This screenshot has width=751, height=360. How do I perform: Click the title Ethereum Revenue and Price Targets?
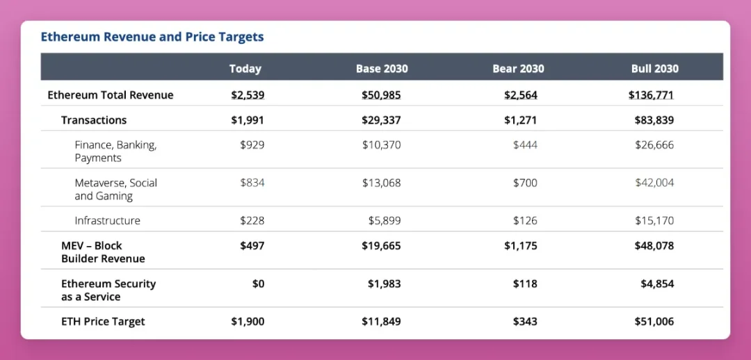(152, 37)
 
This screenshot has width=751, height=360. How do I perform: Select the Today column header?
(245, 68)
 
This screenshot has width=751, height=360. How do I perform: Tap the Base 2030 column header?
(382, 68)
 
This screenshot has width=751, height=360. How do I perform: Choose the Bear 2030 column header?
(518, 68)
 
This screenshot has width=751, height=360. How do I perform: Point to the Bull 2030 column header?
(654, 68)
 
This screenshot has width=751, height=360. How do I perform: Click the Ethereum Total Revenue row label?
(110, 95)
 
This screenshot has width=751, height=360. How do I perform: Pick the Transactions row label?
(94, 120)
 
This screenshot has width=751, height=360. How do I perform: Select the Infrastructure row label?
(107, 220)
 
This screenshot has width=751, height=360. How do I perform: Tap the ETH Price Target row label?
(103, 321)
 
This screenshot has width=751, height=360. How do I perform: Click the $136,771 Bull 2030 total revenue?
(651, 95)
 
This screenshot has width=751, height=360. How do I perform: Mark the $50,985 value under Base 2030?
(381, 95)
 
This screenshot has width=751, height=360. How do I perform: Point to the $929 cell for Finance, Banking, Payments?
(252, 145)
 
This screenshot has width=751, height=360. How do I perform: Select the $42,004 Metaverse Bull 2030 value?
(654, 183)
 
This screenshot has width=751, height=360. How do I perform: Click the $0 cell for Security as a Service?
(257, 284)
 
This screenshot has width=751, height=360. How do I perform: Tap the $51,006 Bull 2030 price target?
(654, 321)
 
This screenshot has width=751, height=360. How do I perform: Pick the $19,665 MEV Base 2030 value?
(381, 245)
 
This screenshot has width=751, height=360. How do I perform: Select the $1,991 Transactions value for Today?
(248, 120)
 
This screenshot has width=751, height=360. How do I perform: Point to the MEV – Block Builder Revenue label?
(103, 252)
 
